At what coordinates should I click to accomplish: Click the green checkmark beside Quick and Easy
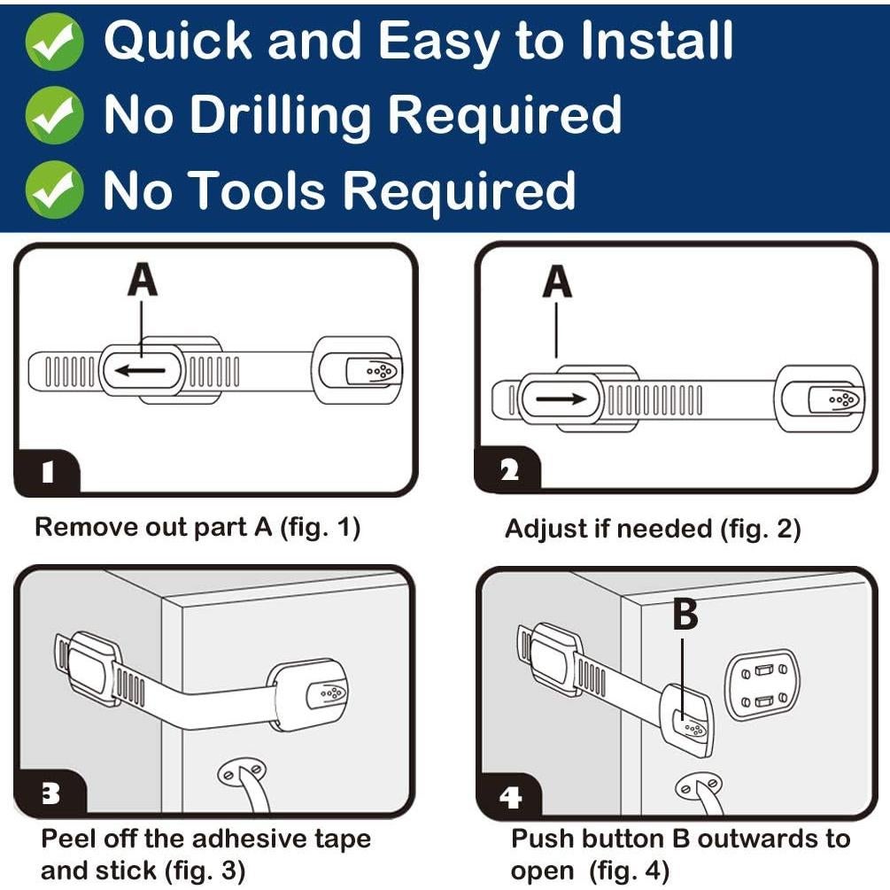pos(55,42)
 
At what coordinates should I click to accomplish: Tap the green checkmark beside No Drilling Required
pos(55,115)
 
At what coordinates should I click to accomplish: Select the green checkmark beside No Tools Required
pos(55,190)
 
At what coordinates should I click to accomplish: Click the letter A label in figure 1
pos(143,280)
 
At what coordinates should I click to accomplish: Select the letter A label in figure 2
pos(557,282)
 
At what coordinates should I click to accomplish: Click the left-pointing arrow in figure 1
pos(140,371)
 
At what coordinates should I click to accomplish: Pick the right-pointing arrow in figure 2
pos(561,399)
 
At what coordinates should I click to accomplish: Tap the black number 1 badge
pos(48,472)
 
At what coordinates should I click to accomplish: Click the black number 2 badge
pos(508,470)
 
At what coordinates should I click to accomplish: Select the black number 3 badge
pos(50,793)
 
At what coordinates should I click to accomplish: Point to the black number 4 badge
pos(509,798)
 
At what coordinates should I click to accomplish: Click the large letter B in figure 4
pos(685,615)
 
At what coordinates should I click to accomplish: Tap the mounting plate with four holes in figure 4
pos(762,685)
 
